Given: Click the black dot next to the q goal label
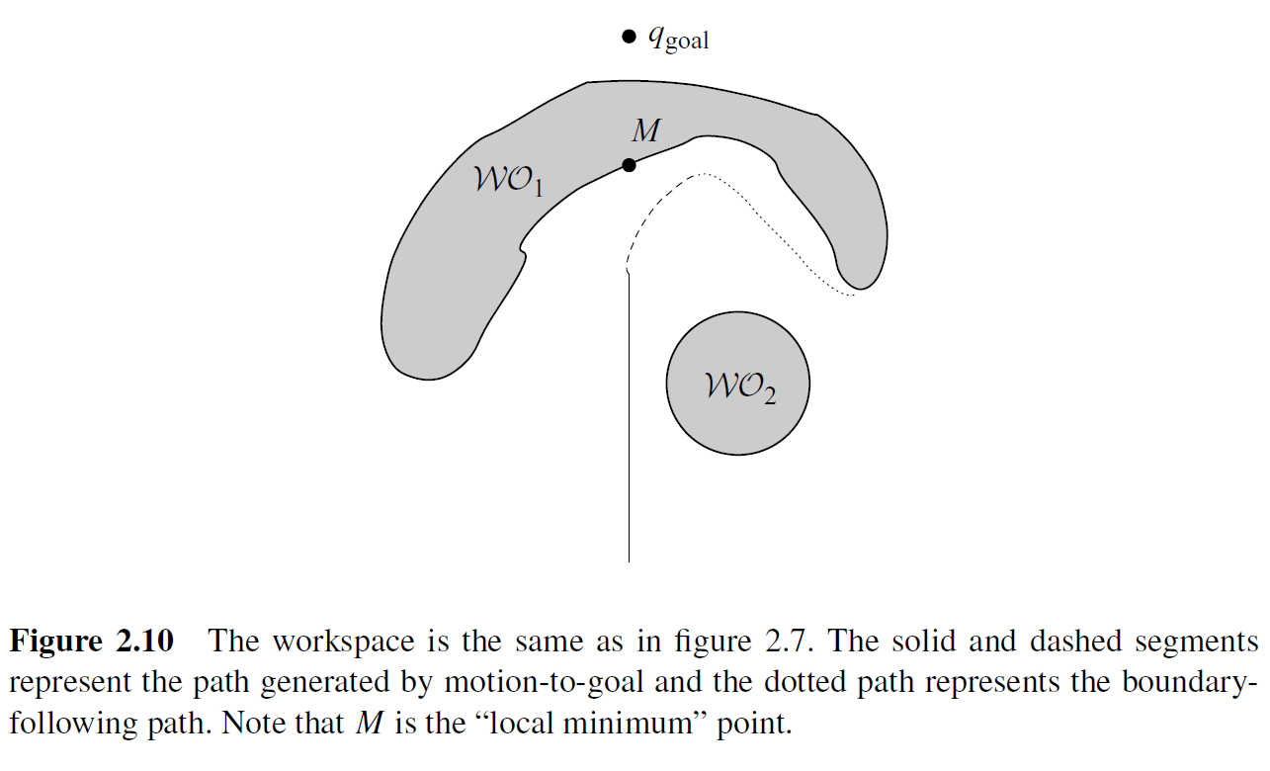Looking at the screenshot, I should [x=629, y=38].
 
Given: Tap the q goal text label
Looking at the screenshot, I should [x=679, y=40].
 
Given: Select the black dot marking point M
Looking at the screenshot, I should [x=629, y=165].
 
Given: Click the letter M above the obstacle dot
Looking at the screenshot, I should [x=645, y=130].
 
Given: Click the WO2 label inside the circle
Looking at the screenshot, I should [x=739, y=386].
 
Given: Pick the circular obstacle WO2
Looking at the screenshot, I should [x=738, y=425].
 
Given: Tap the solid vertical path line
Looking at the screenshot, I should [x=629, y=445].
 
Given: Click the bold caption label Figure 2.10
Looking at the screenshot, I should [x=91, y=642].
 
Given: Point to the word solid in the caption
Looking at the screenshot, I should [x=900, y=642].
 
